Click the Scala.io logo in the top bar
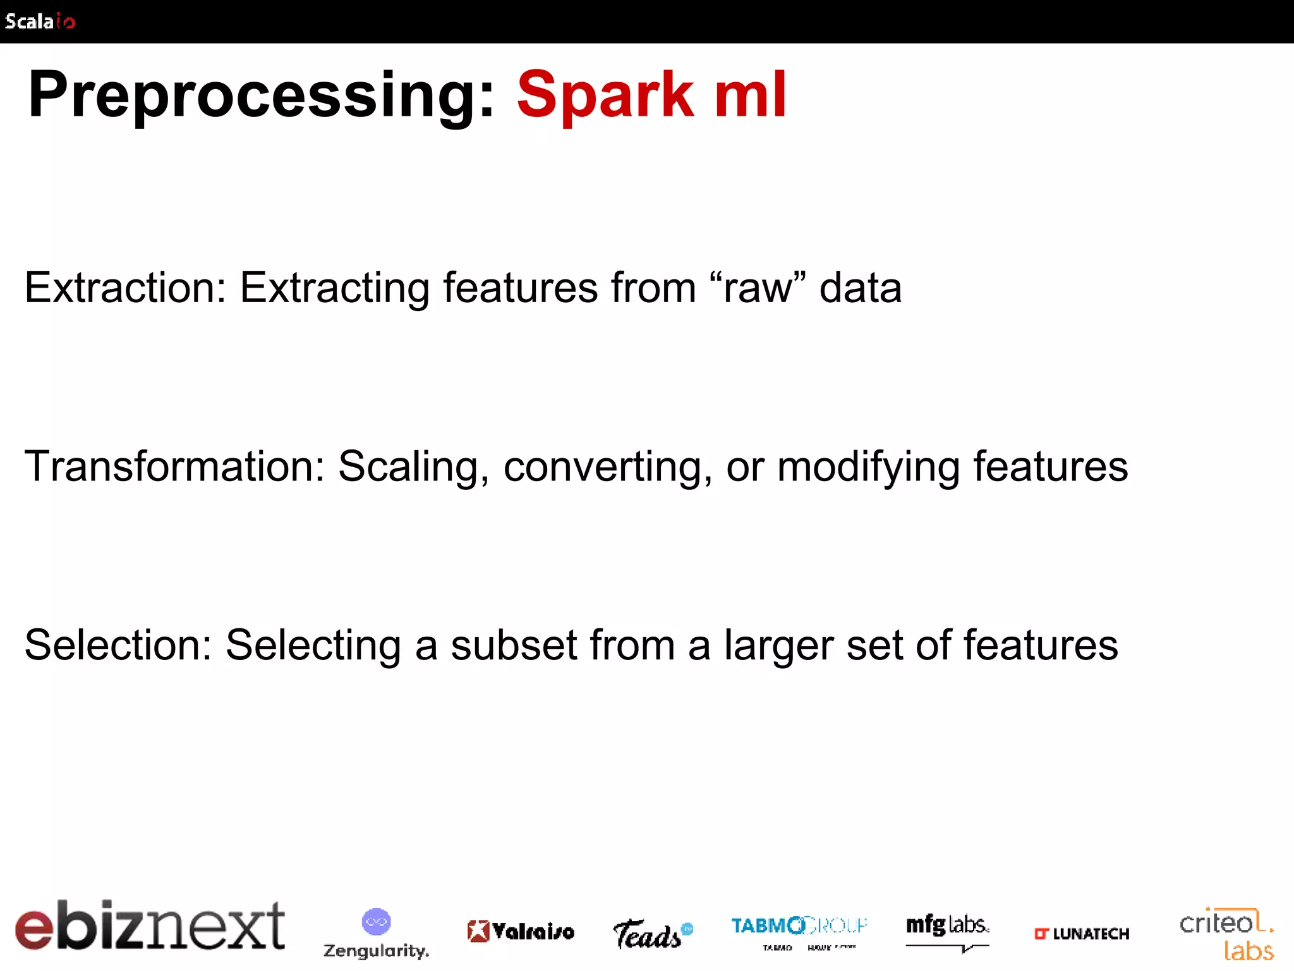40,21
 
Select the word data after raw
860,288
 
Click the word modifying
868,467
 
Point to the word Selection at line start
118,645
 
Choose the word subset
514,645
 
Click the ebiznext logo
150,925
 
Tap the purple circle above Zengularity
376,922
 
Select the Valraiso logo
521,931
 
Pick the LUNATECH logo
1081,934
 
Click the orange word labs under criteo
1249,951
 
